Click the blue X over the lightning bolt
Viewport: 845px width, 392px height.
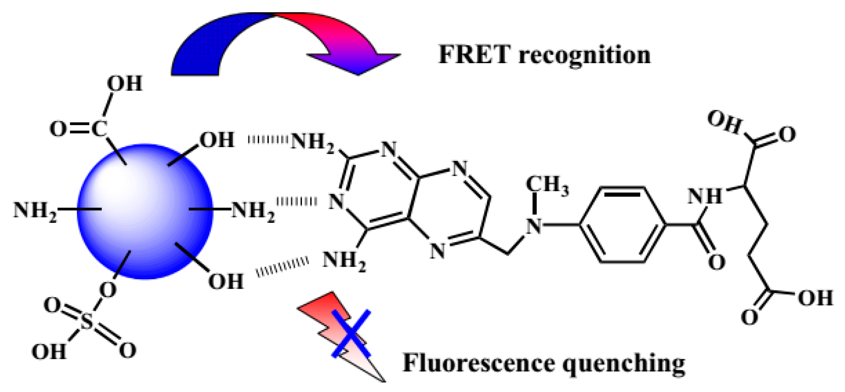pos(351,333)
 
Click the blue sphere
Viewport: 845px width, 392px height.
pos(145,212)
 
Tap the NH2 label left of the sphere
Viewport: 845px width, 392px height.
pos(35,210)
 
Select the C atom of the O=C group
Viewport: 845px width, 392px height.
pos(99,128)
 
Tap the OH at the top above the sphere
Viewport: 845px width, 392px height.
pos(124,83)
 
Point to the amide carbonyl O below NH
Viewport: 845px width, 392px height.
pos(717,262)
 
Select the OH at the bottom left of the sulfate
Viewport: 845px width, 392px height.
pos(49,352)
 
